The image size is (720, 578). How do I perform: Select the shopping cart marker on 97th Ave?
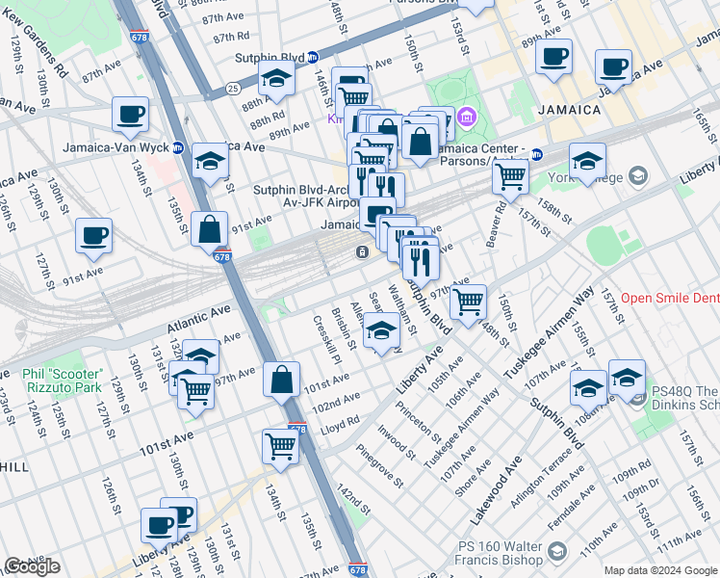(468, 302)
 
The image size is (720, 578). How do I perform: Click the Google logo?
(33, 565)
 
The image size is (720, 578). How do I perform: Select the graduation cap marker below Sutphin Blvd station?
(276, 82)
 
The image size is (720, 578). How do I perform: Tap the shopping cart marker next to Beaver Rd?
(510, 175)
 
